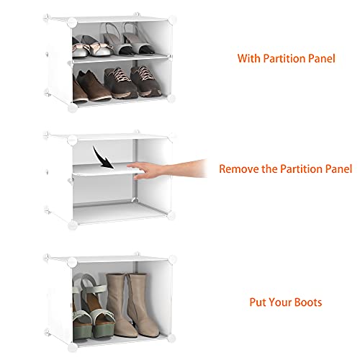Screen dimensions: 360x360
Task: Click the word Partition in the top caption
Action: [282, 58]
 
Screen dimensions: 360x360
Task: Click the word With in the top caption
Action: [251, 58]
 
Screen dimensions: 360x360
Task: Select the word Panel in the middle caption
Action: [337, 169]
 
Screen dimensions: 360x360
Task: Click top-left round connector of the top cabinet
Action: [73, 22]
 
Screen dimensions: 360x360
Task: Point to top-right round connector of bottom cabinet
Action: [174, 257]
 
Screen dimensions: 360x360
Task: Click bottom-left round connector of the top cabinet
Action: [73, 109]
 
